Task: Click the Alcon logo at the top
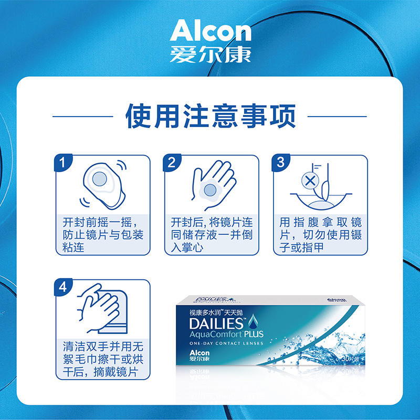[x=210, y=31]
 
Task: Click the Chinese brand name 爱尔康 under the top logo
[x=210, y=55]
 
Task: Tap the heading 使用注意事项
[x=210, y=115]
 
